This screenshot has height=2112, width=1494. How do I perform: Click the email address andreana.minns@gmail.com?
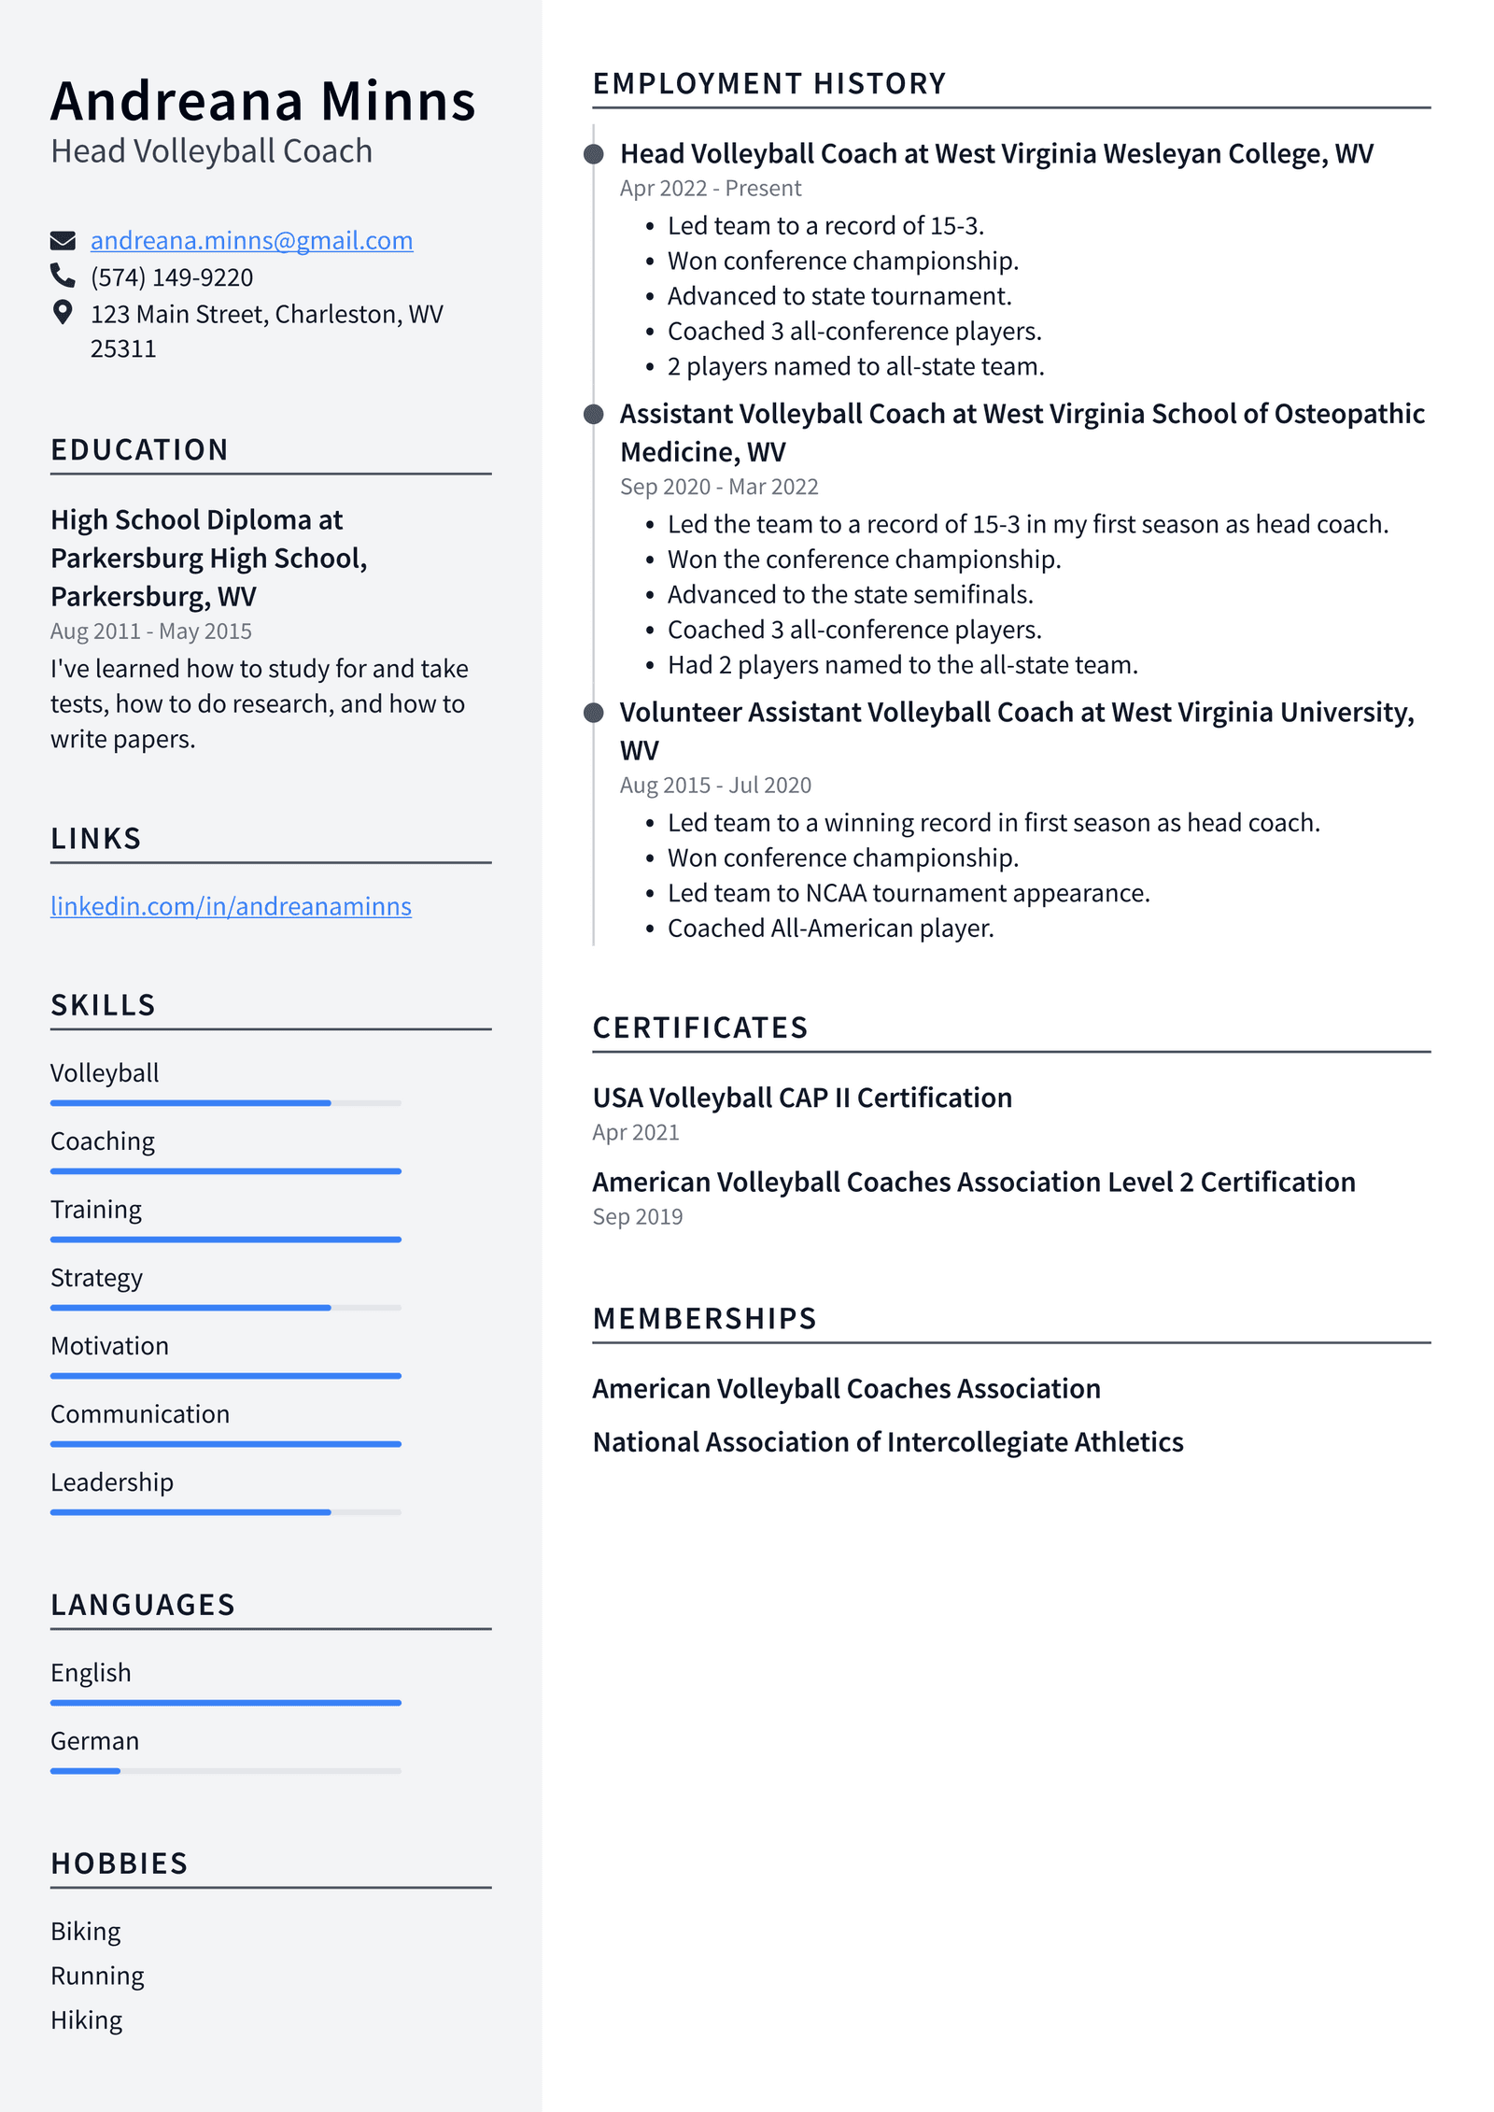251,241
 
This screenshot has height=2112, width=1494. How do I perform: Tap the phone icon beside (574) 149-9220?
63,276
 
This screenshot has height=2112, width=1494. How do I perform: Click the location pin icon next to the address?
63,312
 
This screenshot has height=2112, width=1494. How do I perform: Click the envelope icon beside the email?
63,241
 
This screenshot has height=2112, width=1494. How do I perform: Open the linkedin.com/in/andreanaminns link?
231,906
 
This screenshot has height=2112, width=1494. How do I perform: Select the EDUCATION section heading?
139,449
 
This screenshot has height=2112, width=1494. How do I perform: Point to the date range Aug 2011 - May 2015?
151,631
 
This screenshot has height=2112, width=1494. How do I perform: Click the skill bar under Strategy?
225,1307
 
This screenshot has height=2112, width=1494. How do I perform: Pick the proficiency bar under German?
225,1770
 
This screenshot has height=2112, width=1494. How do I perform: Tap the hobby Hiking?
86,2020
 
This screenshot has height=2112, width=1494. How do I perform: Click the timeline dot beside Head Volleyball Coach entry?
593,154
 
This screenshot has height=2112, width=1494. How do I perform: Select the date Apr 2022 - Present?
710,189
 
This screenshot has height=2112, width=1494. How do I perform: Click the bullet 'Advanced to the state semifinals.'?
850,595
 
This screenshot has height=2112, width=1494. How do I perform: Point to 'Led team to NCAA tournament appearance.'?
908,893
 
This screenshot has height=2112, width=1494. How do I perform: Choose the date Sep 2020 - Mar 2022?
718,487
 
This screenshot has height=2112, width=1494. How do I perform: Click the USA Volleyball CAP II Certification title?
801,1098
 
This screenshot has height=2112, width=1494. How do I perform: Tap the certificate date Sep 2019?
637,1217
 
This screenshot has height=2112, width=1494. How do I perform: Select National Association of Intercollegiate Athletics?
887,1442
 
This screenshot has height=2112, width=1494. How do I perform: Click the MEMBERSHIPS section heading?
704,1318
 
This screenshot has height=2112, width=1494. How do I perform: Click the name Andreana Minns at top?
263,101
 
